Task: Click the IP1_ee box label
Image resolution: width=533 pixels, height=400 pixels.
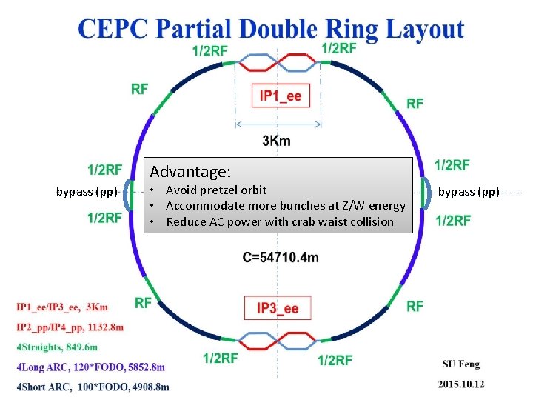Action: tap(280, 96)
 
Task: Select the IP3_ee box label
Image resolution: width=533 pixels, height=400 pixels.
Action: tap(278, 308)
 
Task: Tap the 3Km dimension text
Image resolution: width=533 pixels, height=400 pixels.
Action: tap(277, 140)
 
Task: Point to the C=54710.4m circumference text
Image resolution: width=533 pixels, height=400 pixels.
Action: tap(281, 257)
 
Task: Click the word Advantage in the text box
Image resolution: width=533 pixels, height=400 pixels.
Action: tap(190, 172)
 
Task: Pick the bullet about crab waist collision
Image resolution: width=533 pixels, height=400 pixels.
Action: tap(280, 221)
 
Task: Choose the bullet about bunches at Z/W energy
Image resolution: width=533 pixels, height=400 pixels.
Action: tap(286, 206)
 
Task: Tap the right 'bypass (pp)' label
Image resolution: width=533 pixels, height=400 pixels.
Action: tap(469, 192)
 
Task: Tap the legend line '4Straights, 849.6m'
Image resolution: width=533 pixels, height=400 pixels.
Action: tap(56, 347)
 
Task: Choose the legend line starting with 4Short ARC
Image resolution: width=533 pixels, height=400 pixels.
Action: tap(92, 386)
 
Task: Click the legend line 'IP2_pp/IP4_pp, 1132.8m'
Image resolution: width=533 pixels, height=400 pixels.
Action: tap(70, 327)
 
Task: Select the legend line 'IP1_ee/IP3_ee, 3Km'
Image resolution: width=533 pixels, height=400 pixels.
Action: tap(61, 307)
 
